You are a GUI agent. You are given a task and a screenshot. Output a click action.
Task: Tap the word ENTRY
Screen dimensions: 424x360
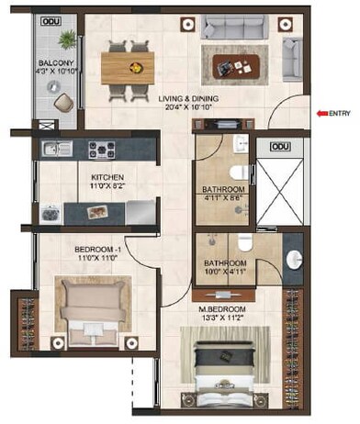click(341, 113)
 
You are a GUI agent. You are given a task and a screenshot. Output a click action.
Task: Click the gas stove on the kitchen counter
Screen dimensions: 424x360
click(101, 148)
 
